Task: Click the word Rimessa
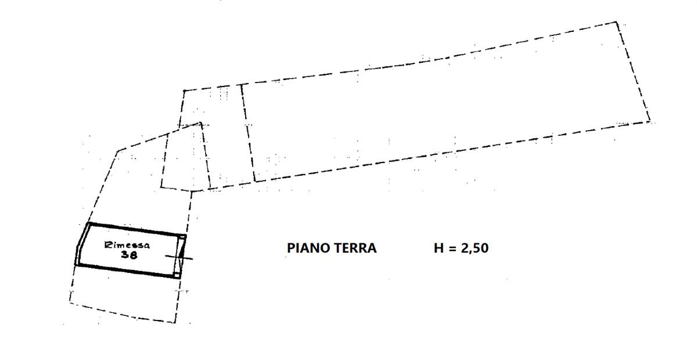tap(127, 245)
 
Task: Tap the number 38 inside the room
tap(129, 255)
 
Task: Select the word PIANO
tap(308, 248)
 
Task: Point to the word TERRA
tap(355, 248)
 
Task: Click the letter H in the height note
tap(439, 248)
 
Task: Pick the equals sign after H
tap(452, 249)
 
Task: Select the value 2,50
tap(475, 249)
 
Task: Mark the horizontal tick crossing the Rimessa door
tap(179, 257)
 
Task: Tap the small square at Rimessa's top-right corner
tap(182, 237)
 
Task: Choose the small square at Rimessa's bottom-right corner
tap(177, 275)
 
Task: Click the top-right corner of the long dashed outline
tap(616, 22)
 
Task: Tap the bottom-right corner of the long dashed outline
tap(650, 121)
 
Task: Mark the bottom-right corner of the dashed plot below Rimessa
tap(175, 323)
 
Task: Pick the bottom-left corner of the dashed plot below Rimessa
tap(70, 302)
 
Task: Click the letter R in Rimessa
tap(108, 245)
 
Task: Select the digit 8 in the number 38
tap(133, 255)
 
